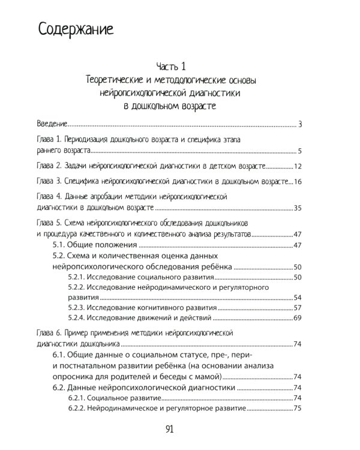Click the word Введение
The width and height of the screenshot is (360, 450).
(51, 124)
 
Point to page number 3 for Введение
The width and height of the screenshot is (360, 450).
(298, 124)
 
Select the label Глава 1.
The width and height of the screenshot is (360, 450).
(49, 139)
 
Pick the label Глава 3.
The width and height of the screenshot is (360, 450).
(49, 181)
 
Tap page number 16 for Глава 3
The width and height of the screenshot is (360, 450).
(296, 181)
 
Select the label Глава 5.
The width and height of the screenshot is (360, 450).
(49, 223)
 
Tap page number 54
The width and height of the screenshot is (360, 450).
(296, 297)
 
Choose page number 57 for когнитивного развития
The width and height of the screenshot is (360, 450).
(296, 307)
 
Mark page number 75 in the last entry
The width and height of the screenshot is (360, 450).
(296, 408)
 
